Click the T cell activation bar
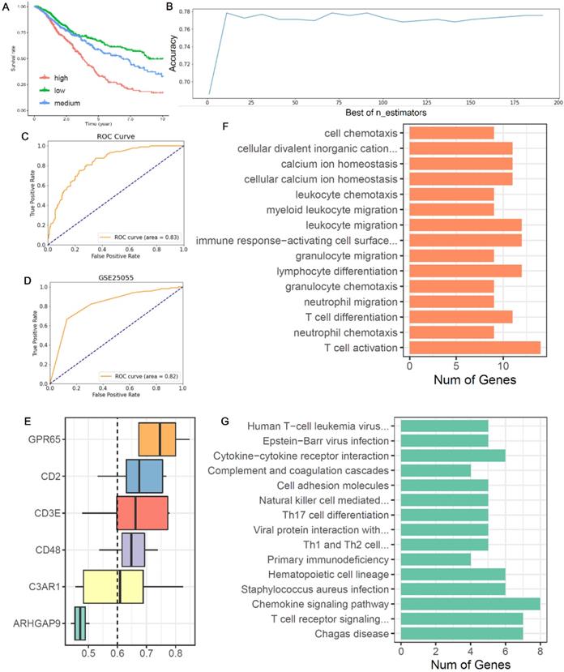point(475,348)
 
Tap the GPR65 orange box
point(157,439)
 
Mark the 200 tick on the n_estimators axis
point(558,103)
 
